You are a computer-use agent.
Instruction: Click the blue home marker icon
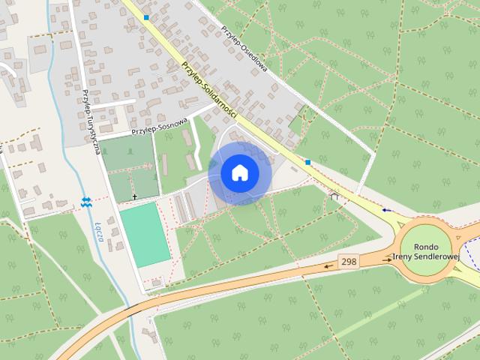click(239, 172)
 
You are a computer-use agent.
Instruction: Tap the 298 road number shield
click(348, 262)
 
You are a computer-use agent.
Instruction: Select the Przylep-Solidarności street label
click(209, 88)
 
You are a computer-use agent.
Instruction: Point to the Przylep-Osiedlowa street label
click(246, 44)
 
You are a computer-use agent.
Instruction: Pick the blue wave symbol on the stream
click(86, 200)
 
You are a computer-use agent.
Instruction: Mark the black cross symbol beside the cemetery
click(135, 196)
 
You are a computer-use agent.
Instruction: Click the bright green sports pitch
click(144, 233)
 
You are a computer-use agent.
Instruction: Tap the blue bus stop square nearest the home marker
click(307, 161)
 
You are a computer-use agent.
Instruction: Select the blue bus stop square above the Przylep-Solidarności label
click(147, 16)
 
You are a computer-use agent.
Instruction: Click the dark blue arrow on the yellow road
click(387, 211)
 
